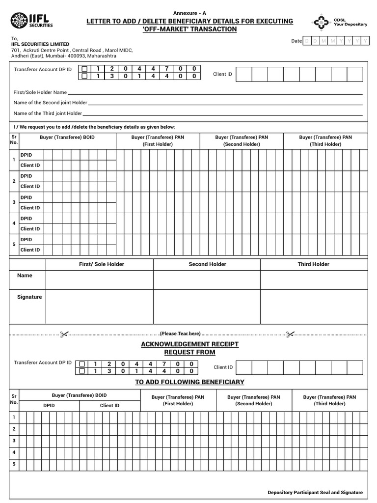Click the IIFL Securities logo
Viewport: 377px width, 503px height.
click(x=31, y=21)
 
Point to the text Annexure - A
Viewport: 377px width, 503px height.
click(x=189, y=13)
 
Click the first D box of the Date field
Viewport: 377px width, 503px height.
click(x=307, y=41)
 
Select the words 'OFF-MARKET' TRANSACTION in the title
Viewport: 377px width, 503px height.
click(x=189, y=29)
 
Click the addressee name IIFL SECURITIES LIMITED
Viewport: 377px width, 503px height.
click(x=40, y=44)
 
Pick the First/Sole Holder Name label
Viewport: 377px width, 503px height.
click(x=40, y=92)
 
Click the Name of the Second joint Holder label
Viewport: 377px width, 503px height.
click(x=50, y=103)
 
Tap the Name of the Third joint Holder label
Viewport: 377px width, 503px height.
click(x=48, y=113)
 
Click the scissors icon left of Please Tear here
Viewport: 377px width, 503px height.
click(x=64, y=334)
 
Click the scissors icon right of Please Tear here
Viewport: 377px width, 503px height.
click(x=290, y=334)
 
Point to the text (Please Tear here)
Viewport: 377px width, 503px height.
click(x=180, y=334)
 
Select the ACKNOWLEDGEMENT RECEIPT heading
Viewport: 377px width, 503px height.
click(x=189, y=344)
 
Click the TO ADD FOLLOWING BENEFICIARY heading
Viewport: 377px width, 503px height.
click(x=189, y=382)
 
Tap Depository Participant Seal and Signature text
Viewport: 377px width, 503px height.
click(x=315, y=492)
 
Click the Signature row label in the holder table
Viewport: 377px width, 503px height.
click(x=29, y=297)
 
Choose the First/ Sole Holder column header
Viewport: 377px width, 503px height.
click(x=102, y=264)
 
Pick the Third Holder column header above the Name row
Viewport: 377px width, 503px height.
click(x=313, y=264)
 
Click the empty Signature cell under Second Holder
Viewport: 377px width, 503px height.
click(x=206, y=307)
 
